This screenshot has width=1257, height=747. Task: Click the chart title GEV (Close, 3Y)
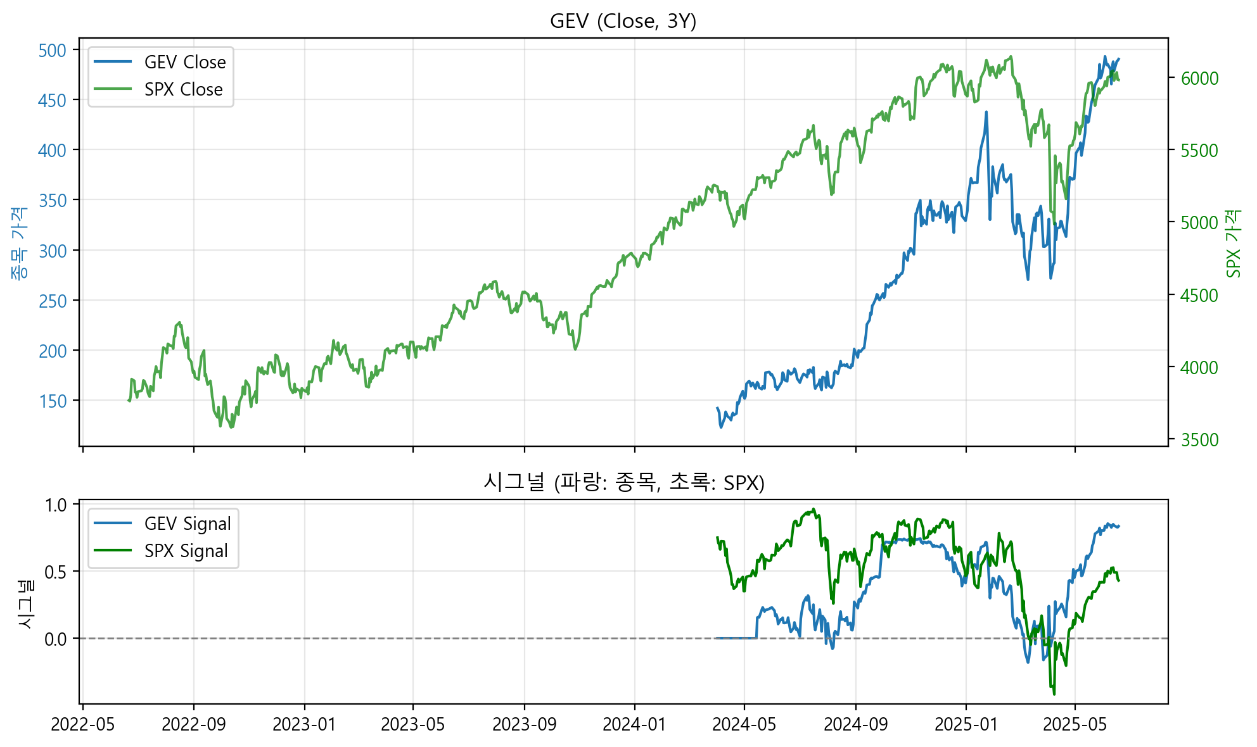click(623, 22)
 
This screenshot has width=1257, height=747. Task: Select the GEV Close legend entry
click(184, 62)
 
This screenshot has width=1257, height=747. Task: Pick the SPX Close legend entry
click(183, 89)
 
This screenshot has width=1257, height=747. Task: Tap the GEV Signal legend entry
click(187, 524)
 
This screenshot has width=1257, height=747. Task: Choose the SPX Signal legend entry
click(186, 551)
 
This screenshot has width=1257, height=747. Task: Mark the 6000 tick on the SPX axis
click(1199, 78)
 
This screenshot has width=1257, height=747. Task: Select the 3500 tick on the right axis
click(1199, 440)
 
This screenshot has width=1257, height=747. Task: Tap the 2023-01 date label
click(304, 724)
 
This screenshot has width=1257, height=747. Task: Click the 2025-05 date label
click(1075, 724)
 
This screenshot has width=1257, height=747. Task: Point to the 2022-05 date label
click(83, 724)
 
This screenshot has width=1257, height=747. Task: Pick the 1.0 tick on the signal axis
click(56, 505)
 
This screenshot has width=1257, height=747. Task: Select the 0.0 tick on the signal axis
click(56, 639)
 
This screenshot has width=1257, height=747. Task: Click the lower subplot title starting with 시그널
click(623, 483)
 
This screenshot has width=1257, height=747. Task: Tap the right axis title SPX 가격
click(1233, 244)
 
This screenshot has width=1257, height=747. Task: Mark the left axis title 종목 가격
click(19, 244)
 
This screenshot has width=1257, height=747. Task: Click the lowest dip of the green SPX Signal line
click(1054, 694)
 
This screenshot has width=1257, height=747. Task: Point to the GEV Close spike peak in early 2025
click(986, 112)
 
